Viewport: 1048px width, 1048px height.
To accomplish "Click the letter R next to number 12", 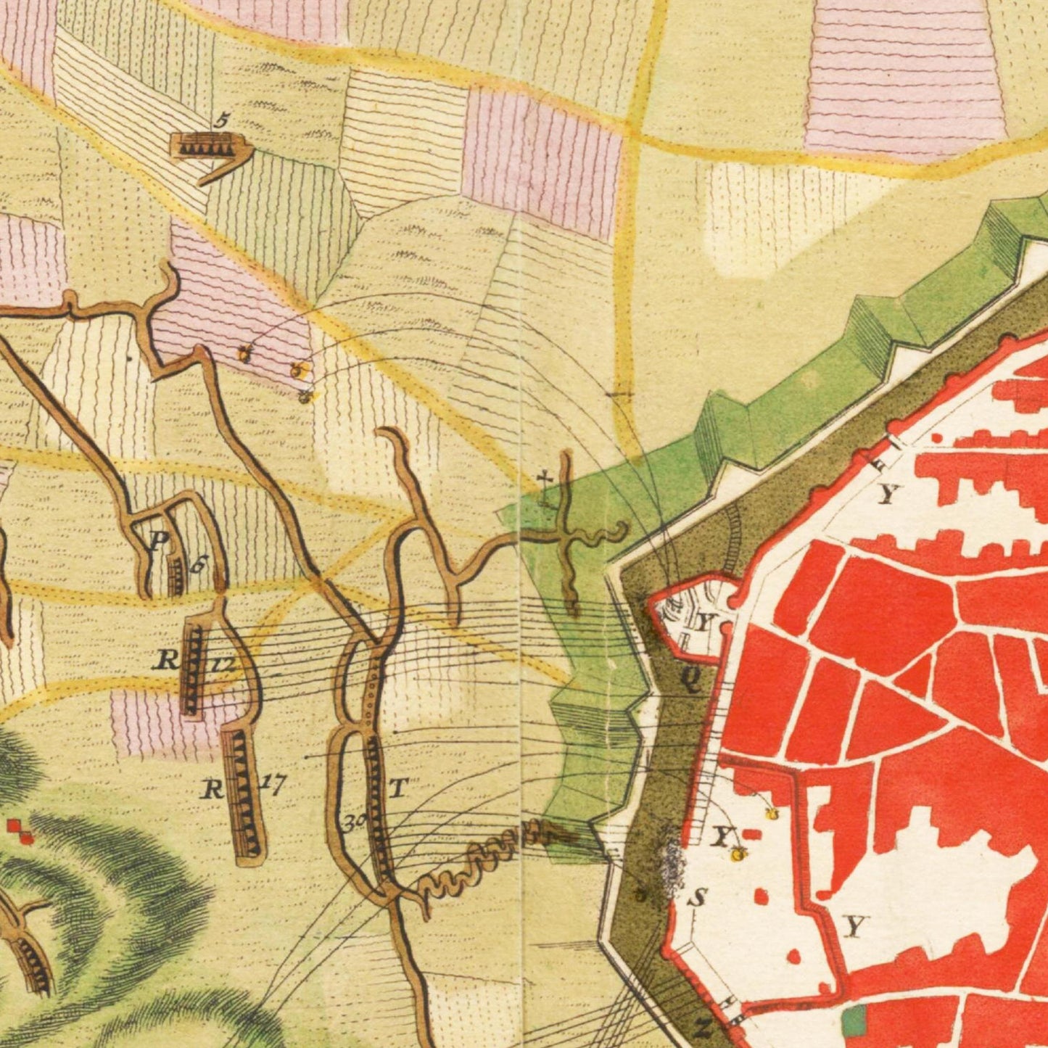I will click(167, 660).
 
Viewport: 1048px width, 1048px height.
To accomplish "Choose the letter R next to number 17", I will click(212, 788).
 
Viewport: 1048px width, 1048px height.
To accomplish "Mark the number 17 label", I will click(273, 783).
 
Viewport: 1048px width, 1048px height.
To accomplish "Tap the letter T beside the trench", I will click(398, 787).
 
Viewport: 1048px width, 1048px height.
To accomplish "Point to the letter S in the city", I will click(697, 898).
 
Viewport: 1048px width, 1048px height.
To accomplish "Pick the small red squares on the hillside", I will click(20, 831).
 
